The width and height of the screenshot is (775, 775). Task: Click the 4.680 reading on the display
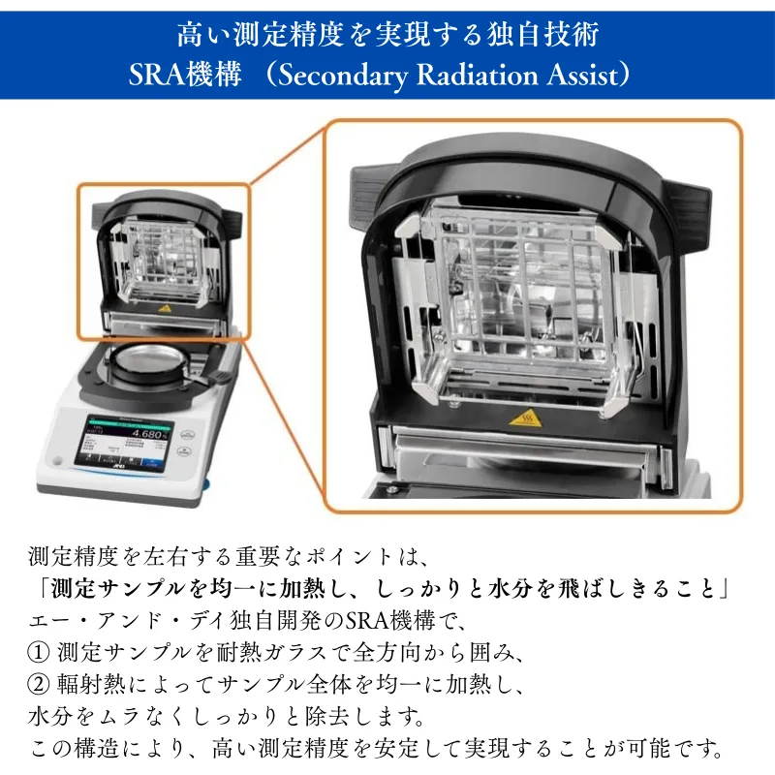click(150, 434)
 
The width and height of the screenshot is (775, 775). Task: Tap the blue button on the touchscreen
click(152, 462)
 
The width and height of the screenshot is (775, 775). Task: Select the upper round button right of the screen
click(186, 435)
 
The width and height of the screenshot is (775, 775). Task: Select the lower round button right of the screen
click(184, 451)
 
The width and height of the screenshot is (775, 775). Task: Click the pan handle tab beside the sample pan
click(216, 378)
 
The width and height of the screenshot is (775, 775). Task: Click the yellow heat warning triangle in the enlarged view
click(525, 419)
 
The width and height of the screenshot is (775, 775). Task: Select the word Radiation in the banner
click(477, 76)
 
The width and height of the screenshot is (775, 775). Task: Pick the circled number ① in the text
click(38, 652)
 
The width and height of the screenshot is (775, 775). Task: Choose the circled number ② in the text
click(38, 684)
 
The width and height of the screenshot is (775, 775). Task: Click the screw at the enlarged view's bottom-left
click(392, 489)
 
